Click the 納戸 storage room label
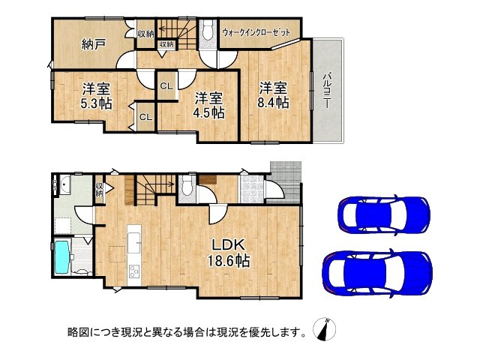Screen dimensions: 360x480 tap(93, 43)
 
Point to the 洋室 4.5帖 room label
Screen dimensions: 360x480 tap(208, 106)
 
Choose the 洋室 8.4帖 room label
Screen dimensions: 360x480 tap(273, 94)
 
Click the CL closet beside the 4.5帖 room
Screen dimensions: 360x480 tap(166, 85)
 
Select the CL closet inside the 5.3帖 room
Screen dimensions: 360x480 tap(146, 116)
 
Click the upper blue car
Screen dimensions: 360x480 tap(383, 214)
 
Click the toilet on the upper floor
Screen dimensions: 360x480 tap(208, 30)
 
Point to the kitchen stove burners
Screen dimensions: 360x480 tap(135, 271)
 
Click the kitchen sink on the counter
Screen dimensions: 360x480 tap(135, 241)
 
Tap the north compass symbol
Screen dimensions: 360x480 tap(327, 329)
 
